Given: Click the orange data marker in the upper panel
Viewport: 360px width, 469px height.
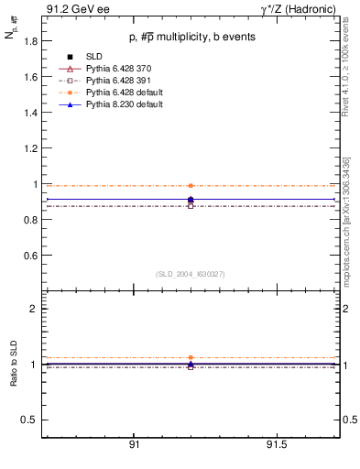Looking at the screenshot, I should click(191, 185).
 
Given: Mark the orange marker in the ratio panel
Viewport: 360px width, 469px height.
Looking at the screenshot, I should click(191, 357).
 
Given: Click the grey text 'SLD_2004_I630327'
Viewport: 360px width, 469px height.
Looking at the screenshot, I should click(190, 274).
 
